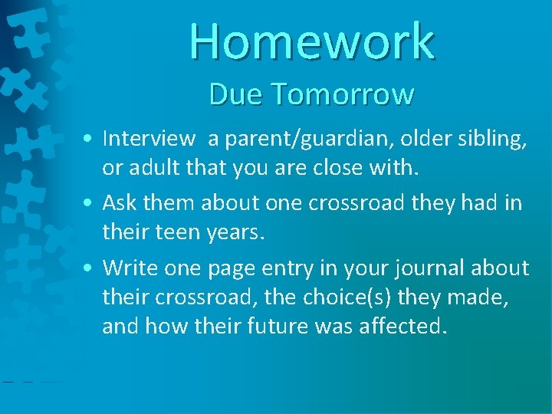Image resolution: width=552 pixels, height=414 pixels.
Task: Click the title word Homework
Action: pyautogui.click(x=312, y=41)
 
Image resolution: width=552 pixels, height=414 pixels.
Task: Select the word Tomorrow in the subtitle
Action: pyautogui.click(x=342, y=94)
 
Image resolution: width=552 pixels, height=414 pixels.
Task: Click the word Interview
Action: pyautogui.click(x=149, y=138)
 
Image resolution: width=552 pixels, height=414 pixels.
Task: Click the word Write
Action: pyautogui.click(x=128, y=268)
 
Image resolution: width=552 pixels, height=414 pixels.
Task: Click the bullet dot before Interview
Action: pyautogui.click(x=90, y=140)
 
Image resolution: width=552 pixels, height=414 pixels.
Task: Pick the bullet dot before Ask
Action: pyautogui.click(x=90, y=204)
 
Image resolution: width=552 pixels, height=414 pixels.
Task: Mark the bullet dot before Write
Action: pyautogui.click(x=90, y=269)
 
